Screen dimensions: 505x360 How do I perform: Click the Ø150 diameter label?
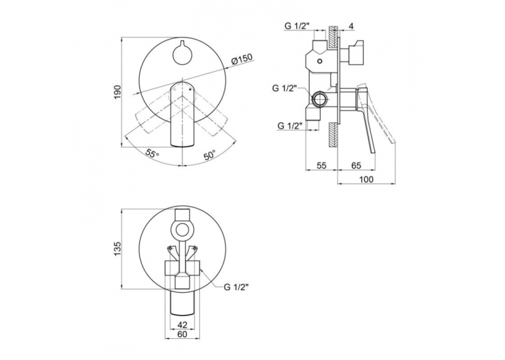[x=242, y=59]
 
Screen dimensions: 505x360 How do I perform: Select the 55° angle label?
[x=152, y=153]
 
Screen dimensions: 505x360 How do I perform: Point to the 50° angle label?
[x=209, y=155]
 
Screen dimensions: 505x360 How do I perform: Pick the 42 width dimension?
[x=182, y=324]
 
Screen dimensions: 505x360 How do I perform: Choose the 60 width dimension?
[x=182, y=334]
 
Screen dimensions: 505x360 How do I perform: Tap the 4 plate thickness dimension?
[x=351, y=26]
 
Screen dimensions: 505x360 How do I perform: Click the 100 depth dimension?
[x=366, y=179]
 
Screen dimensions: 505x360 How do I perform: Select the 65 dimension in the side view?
[x=356, y=165]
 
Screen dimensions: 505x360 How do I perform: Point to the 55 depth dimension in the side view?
[x=321, y=165]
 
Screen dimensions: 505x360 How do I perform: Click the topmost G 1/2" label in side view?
[x=296, y=26]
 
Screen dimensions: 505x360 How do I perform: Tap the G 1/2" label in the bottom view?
[x=237, y=287]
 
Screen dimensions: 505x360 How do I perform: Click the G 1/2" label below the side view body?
[x=290, y=126]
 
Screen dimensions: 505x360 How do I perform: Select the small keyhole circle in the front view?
[x=182, y=54]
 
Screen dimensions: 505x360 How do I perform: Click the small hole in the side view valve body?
[x=320, y=61]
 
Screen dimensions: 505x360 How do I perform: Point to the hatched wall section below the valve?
[x=333, y=134]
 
